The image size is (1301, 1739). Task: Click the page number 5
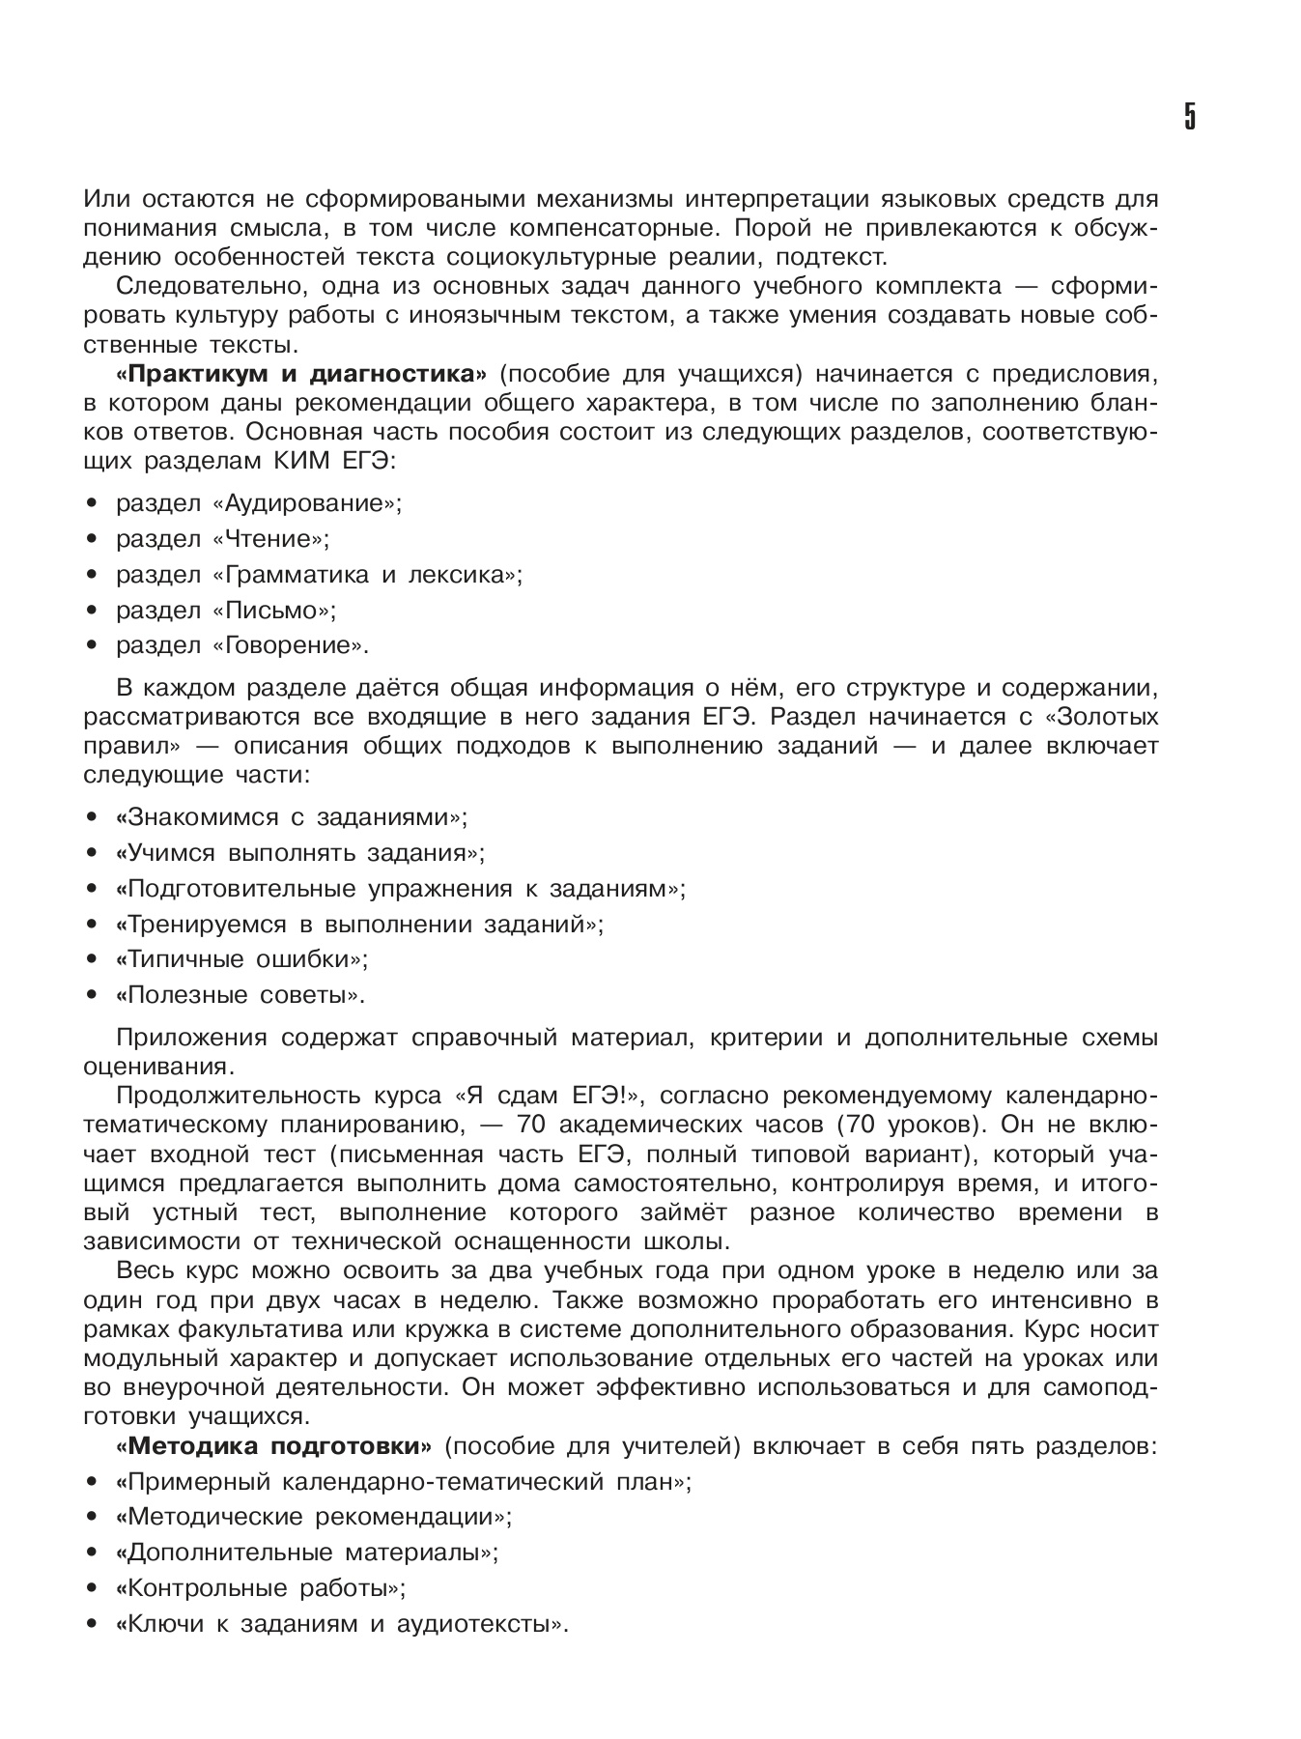1189,116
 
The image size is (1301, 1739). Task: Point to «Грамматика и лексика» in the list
367,575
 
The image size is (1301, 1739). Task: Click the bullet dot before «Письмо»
92,611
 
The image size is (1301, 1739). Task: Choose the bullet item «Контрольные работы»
260,1589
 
